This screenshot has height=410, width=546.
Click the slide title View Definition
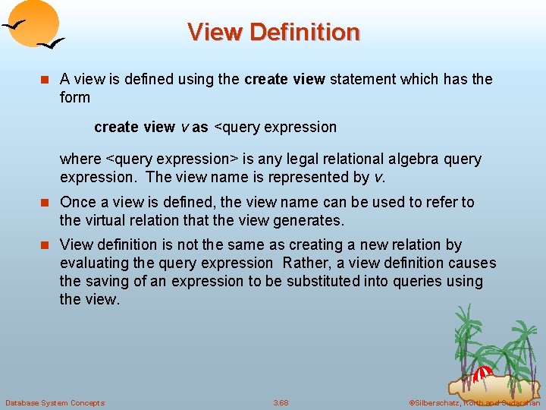coord(273,32)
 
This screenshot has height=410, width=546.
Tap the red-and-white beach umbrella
coord(483,373)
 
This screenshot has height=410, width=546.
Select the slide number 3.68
coord(281,402)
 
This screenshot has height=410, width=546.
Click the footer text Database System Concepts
coord(55,402)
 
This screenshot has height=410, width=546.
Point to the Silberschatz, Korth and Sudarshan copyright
coord(473,402)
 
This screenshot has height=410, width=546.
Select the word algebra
coord(416,159)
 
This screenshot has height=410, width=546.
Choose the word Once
coord(77,202)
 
